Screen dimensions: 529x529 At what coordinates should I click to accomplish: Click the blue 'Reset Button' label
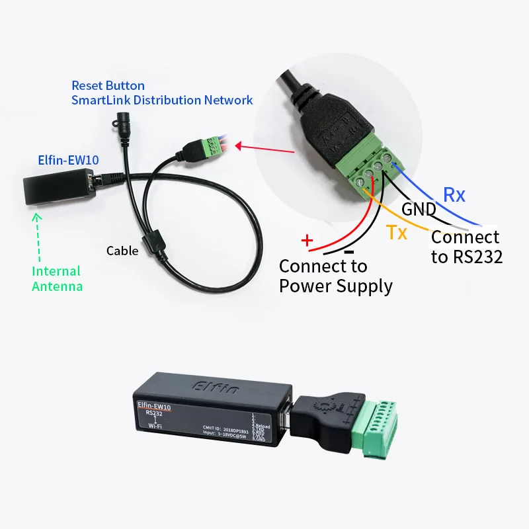[108, 86]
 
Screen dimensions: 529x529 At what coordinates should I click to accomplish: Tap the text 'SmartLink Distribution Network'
[162, 101]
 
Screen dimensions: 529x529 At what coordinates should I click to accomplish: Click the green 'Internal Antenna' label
[57, 278]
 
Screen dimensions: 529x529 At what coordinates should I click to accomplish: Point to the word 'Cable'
[122, 251]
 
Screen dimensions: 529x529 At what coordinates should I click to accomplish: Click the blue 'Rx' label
[454, 194]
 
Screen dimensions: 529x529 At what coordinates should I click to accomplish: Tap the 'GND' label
[419, 210]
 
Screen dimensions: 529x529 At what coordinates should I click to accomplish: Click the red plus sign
[306, 239]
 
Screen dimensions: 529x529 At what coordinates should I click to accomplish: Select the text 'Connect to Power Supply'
[335, 276]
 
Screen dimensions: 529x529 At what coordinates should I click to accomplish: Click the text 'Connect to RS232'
[466, 247]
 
